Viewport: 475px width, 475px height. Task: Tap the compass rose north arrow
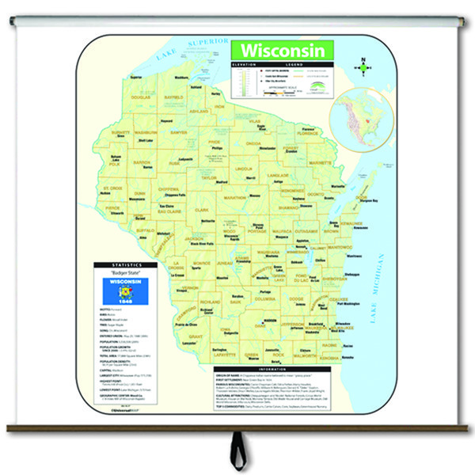363,66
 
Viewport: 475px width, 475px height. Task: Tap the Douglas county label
140,97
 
